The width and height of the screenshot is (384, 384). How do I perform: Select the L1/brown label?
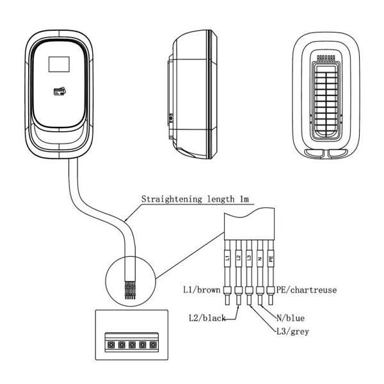(201, 290)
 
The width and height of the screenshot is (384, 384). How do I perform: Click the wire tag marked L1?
(226, 259)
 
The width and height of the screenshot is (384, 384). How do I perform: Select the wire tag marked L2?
(237, 259)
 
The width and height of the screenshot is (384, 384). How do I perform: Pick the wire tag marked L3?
(248, 259)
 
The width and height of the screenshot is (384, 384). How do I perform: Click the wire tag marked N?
(259, 259)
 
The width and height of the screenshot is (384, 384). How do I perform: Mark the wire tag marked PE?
(271, 259)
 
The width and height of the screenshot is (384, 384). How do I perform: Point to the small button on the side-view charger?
(170, 118)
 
